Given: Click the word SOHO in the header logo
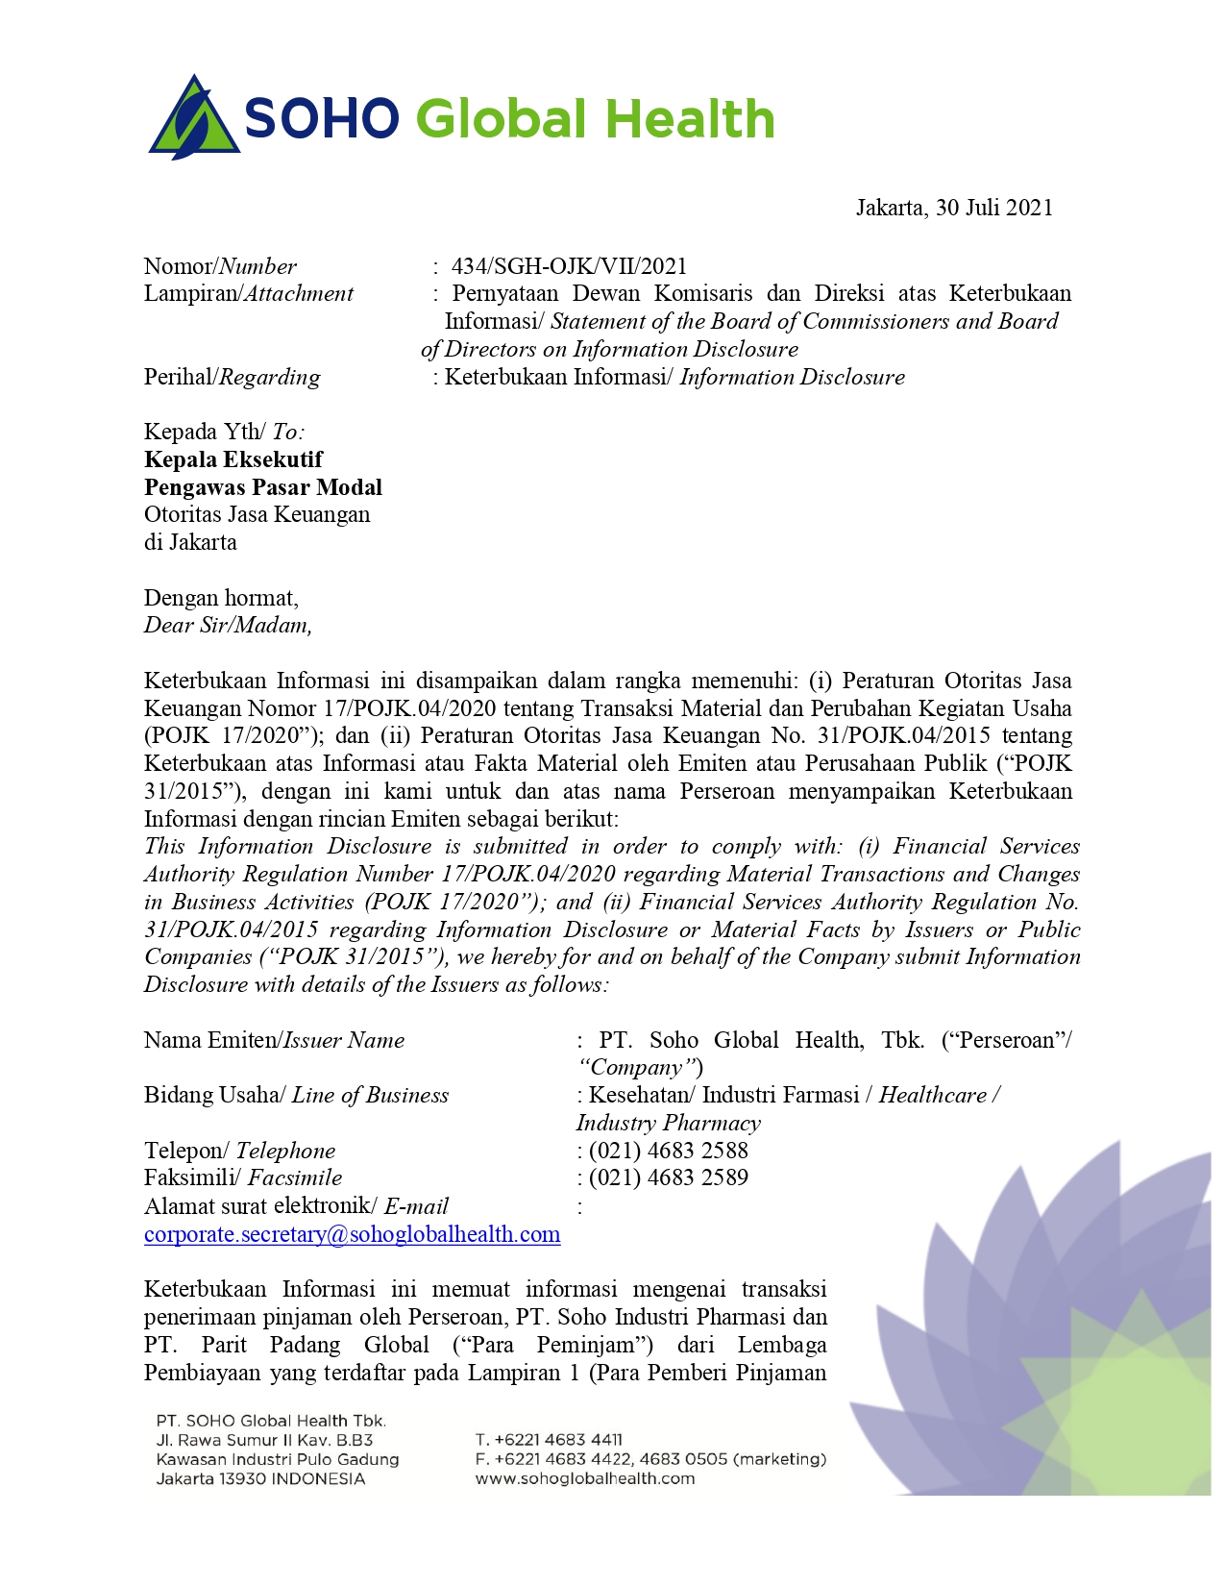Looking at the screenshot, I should pos(322,120).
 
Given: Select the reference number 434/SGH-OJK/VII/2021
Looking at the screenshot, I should pos(569,266).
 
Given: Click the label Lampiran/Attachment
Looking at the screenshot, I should pos(249,294).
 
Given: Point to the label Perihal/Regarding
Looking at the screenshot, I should pos(233,377).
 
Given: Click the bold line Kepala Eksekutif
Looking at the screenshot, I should pos(233,459).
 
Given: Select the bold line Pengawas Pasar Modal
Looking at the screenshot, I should pos(263,487).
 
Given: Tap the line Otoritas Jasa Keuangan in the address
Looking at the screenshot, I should pos(257,514).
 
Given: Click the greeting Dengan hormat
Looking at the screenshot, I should pos(221,598).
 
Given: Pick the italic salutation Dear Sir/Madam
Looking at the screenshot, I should pos(228,626).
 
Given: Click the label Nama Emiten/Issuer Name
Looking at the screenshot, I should pos(274,1040).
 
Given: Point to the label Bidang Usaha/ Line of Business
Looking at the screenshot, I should pos(296,1096).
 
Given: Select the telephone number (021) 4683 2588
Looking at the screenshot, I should pos(668,1151).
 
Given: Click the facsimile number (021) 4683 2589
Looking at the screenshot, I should pos(668,1177).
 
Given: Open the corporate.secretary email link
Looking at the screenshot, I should pos(352,1234).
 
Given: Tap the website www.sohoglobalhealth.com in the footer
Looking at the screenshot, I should pos(584,1478).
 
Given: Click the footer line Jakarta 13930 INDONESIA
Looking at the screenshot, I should pos(260,1478).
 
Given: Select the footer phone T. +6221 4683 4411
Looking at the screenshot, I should pos(549,1440).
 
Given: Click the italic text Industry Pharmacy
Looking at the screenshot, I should pos(668,1123).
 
